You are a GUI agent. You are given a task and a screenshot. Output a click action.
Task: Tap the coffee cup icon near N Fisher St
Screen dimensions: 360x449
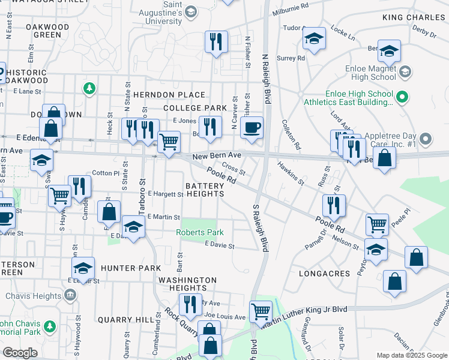pos(252,127)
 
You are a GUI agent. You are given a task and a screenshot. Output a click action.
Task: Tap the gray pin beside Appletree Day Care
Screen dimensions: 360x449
pos(426,140)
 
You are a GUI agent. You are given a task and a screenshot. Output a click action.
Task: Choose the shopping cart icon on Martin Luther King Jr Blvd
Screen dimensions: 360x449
pos(261,311)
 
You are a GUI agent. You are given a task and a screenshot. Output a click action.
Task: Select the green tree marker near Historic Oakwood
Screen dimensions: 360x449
pos(89,88)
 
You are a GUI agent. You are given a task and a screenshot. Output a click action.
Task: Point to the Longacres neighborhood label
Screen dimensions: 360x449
pos(324,274)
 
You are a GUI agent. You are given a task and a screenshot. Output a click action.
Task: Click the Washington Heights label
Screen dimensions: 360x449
pos(188,284)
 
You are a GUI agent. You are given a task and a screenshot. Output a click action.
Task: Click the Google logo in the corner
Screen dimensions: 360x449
pos(20,353)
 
